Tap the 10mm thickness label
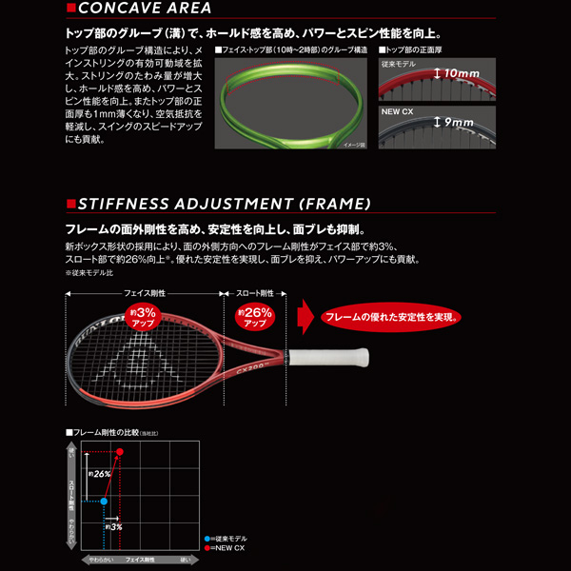pyautogui.click(x=455, y=72)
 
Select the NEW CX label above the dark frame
pyautogui.click(x=399, y=110)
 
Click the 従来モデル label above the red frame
pyautogui.click(x=401, y=63)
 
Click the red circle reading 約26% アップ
pyautogui.click(x=254, y=317)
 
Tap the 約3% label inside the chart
pyautogui.click(x=111, y=526)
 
